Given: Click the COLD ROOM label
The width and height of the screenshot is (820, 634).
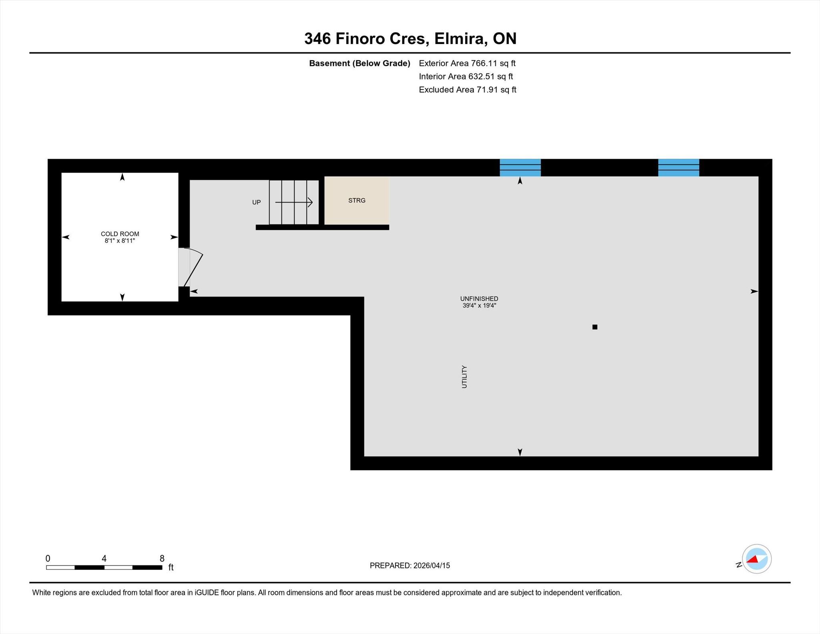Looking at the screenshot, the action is point(120,234).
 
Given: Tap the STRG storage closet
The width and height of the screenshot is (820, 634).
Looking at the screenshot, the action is point(356,200).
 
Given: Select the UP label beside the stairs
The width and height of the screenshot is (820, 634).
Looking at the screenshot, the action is point(256,202).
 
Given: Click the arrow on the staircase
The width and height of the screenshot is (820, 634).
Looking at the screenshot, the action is point(293,202).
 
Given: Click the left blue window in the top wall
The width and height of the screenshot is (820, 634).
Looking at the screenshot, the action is point(520,167).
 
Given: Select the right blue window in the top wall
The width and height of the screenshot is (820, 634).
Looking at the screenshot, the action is point(679,167).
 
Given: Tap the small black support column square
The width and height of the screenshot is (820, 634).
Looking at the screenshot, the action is point(595,327).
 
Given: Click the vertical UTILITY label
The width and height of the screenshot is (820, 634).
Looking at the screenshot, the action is point(464,376).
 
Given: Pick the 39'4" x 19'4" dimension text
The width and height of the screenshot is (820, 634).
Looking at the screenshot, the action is point(479,306).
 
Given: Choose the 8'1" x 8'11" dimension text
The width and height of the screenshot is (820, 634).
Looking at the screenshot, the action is point(120,241).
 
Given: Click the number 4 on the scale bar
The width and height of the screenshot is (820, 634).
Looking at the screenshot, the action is point(104,558).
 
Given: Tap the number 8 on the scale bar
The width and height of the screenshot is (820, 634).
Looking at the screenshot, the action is point(162,558).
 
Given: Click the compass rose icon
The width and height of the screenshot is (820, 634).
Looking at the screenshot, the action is point(757,559).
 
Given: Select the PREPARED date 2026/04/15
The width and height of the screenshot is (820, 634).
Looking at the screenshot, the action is point(432,566).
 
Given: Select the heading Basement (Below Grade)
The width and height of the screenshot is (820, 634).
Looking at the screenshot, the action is point(360,63).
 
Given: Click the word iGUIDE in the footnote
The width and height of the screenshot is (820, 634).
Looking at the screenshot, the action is point(206,593).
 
